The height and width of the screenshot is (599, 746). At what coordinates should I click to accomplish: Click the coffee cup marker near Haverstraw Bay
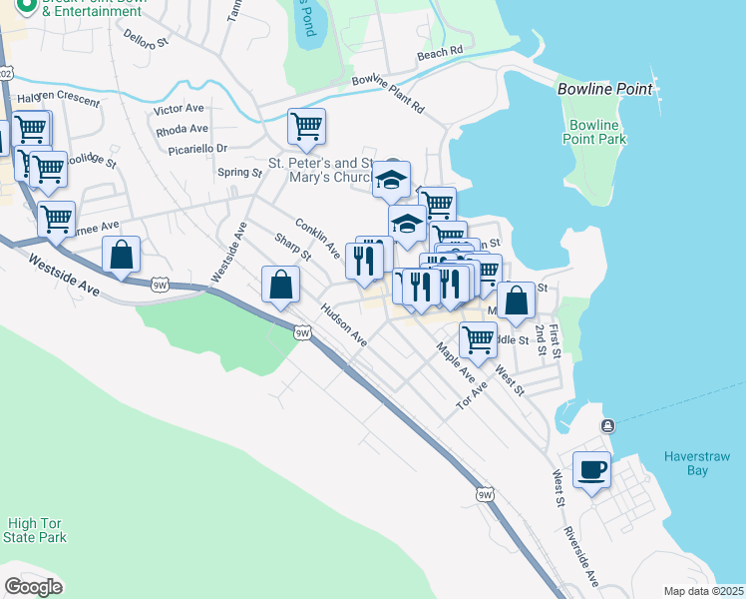(591, 469)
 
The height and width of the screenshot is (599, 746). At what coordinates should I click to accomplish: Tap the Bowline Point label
(604, 89)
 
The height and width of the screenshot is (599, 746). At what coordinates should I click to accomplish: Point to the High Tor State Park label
(36, 530)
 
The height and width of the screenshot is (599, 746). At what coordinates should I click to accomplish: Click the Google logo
(33, 587)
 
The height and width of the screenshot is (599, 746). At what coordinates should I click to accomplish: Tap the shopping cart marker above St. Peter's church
(306, 127)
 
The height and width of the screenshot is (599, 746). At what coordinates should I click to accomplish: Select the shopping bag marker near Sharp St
(281, 285)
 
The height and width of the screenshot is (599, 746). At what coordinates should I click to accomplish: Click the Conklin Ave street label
(318, 238)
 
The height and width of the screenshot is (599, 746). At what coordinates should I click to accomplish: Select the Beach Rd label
(440, 52)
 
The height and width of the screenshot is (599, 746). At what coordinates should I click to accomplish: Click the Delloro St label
(147, 39)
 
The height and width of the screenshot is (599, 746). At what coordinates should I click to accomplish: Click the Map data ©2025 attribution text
(703, 591)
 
